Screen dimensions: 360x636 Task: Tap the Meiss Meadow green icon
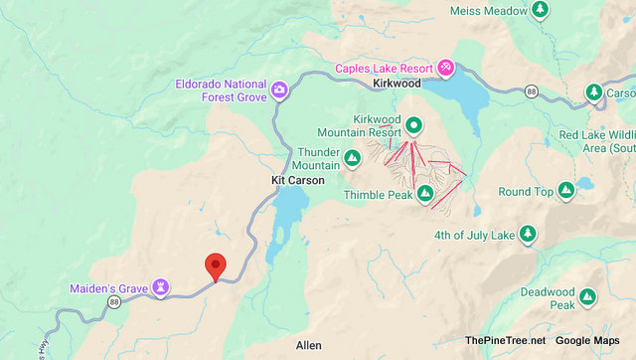click(x=540, y=10)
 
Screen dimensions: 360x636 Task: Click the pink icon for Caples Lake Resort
click(x=446, y=68)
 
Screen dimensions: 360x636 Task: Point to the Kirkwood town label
click(x=397, y=85)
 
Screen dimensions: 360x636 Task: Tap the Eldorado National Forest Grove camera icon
click(x=280, y=90)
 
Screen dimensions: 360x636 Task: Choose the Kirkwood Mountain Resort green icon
click(x=412, y=125)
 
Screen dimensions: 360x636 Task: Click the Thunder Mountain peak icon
click(x=352, y=159)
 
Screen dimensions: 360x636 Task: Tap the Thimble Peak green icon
click(x=424, y=193)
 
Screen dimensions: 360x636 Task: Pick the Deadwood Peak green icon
click(x=587, y=296)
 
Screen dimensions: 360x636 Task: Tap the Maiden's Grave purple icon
click(x=159, y=288)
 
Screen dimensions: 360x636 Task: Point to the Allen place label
click(x=308, y=345)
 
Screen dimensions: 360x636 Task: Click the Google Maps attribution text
click(x=592, y=341)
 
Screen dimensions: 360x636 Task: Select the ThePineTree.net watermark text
click(x=505, y=341)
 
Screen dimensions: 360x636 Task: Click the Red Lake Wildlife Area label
click(x=595, y=141)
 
